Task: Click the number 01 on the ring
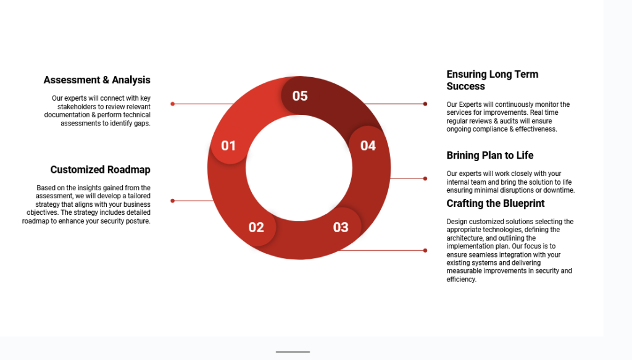point(228,146)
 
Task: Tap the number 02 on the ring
point(256,227)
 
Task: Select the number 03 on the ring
point(341,227)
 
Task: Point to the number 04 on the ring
point(368,146)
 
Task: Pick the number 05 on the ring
point(300,96)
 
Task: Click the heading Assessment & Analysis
point(97,80)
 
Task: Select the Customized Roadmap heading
point(101,170)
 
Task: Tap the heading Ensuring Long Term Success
point(492,80)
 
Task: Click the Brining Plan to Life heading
point(489,156)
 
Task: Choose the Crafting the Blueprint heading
point(496,204)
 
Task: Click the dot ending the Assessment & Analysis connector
point(173,104)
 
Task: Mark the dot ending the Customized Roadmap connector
point(173,201)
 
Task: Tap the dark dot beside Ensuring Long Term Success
point(425,104)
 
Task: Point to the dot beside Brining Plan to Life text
point(425,178)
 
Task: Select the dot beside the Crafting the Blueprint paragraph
point(425,250)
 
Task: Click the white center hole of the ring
point(299,168)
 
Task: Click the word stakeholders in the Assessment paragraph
point(77,107)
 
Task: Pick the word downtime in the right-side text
point(559,190)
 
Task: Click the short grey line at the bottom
point(293,352)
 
